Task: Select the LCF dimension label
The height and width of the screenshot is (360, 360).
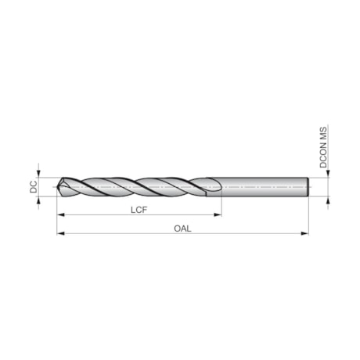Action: tap(140, 209)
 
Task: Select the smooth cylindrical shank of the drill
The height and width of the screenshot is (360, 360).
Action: tap(266, 188)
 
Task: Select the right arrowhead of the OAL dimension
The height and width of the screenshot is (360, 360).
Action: tap(306, 234)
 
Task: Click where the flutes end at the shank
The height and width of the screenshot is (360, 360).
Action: tap(220, 189)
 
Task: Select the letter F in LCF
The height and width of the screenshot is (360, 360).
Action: tap(146, 209)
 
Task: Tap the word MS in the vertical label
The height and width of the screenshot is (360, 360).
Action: tap(322, 135)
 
